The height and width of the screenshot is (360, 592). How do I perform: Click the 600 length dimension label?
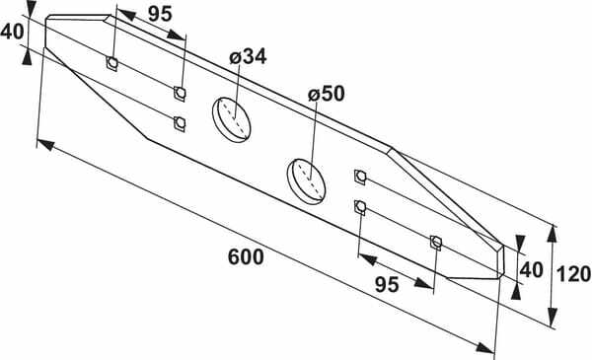click(x=246, y=257)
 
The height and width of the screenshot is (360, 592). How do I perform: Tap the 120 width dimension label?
click(x=574, y=274)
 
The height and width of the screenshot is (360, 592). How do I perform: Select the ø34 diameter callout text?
click(x=248, y=56)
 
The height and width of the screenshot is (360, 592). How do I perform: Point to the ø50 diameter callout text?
click(x=327, y=94)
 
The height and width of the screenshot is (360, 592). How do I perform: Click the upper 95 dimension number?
click(x=160, y=15)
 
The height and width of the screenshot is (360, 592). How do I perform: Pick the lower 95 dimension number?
click(x=387, y=284)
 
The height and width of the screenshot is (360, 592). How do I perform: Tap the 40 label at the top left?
click(x=12, y=32)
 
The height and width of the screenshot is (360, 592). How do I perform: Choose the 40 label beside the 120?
click(x=532, y=270)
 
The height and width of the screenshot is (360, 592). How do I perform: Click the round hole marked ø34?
click(x=232, y=119)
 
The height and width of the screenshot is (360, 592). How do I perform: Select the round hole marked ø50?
click(x=306, y=181)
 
